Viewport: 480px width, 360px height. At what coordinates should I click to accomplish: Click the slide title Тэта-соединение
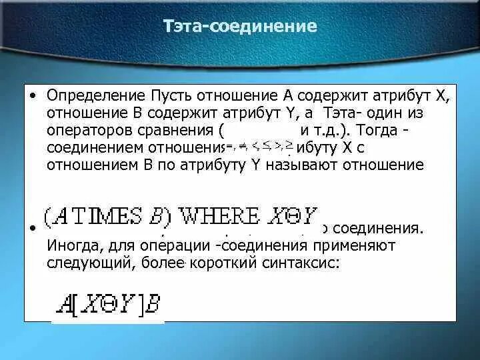click(x=239, y=27)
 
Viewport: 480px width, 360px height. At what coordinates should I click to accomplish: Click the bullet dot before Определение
click(x=33, y=95)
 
